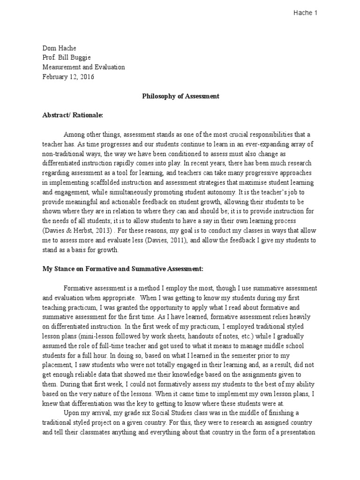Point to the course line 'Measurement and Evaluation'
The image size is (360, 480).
tap(83, 67)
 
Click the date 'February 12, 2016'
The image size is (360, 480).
tap(68, 77)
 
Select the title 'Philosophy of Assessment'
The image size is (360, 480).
tap(180, 97)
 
